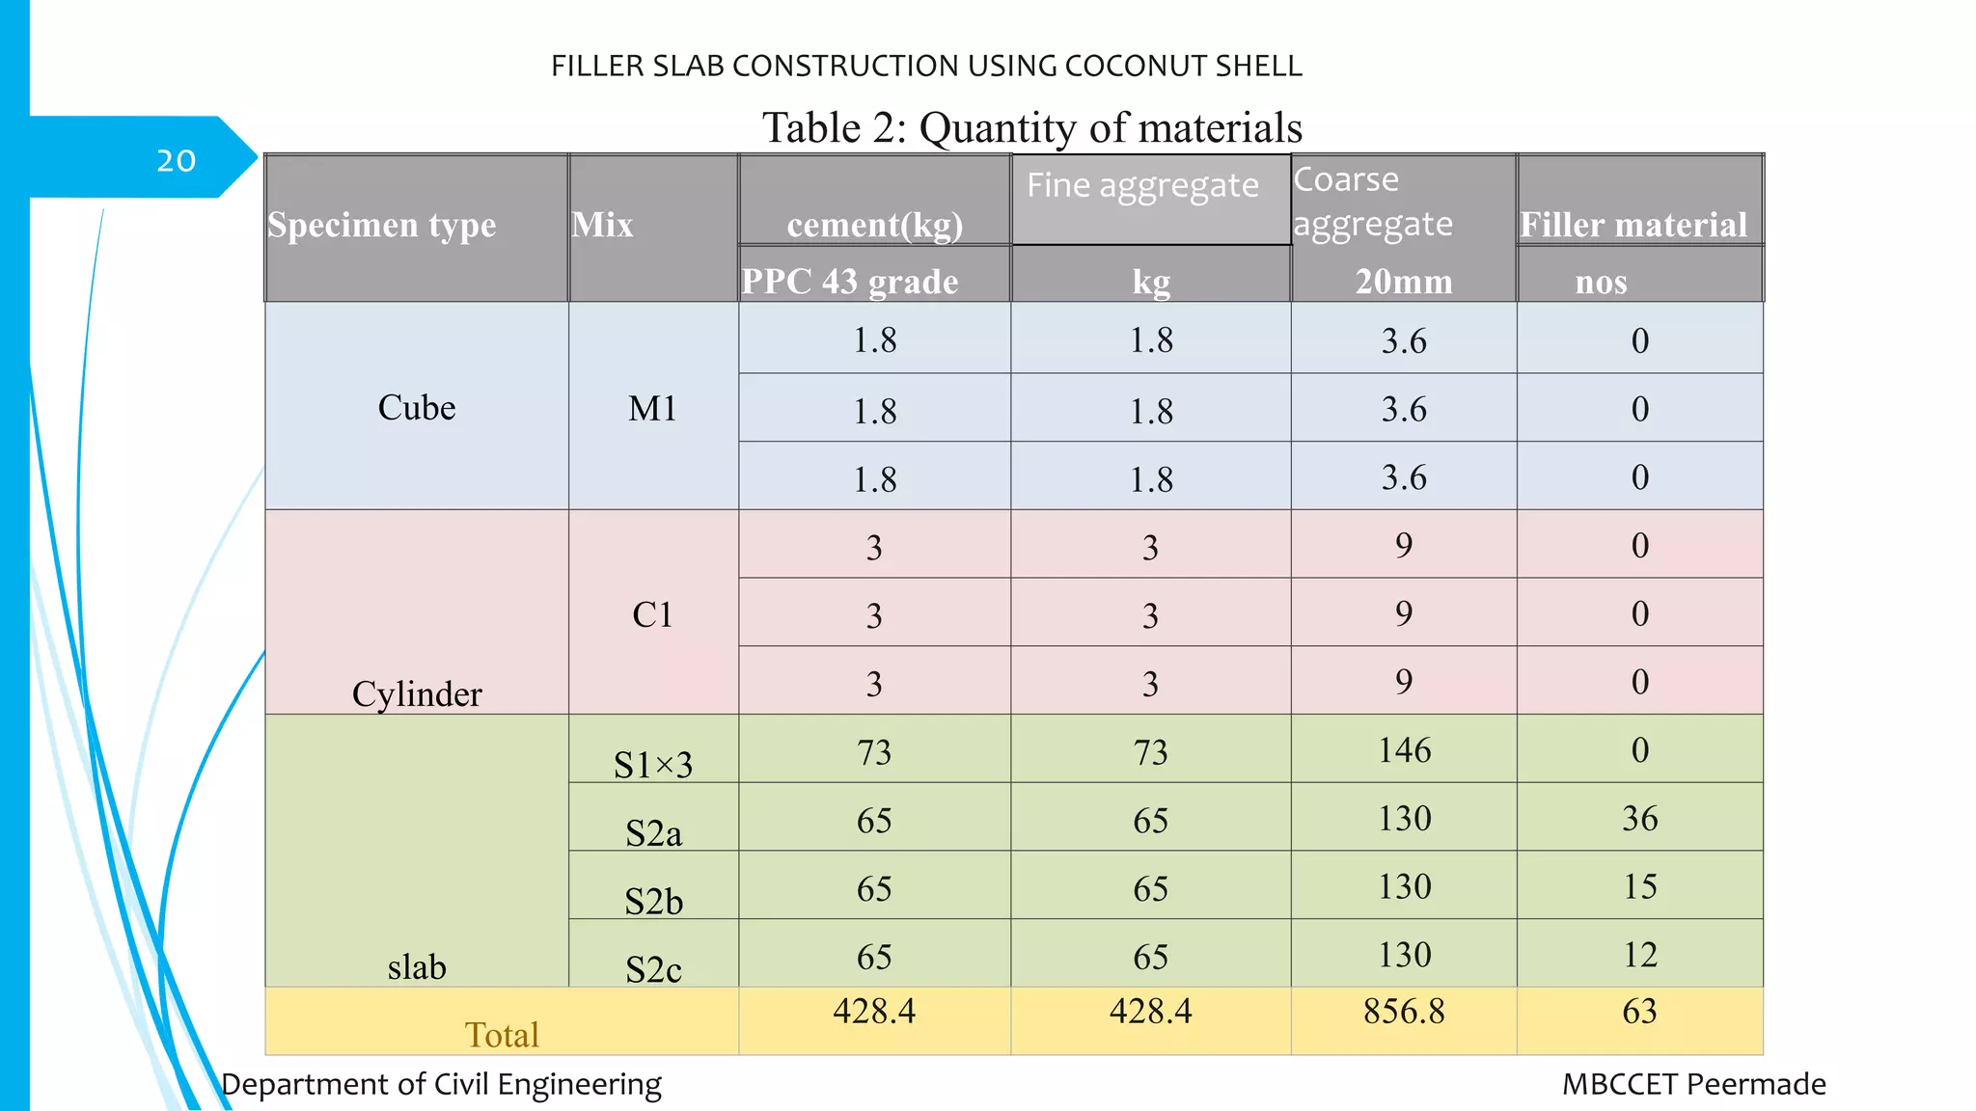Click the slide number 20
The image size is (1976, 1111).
(x=176, y=160)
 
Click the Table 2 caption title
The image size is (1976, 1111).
(x=1031, y=127)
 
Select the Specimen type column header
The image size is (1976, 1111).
(x=382, y=225)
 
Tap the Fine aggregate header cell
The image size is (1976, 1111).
(x=1142, y=185)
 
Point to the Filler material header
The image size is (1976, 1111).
(x=1633, y=225)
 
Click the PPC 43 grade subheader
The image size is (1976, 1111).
(x=850, y=281)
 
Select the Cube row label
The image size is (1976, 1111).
(x=417, y=408)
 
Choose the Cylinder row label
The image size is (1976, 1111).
(x=417, y=693)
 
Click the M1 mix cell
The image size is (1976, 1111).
(x=652, y=409)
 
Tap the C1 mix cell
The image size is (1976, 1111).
(x=652, y=614)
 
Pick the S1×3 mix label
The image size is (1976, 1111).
(x=653, y=765)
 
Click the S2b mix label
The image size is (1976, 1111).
(x=653, y=902)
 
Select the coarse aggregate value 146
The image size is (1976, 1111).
(x=1404, y=750)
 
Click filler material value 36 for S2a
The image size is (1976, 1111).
(x=1639, y=819)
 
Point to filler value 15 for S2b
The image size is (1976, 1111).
(x=1639, y=887)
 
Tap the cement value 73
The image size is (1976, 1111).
(x=874, y=752)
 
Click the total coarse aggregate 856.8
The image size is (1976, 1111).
(x=1404, y=1011)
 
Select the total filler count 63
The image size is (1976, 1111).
(x=1639, y=1011)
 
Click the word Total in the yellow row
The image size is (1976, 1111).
(x=502, y=1035)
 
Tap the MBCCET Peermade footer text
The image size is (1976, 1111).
(x=1693, y=1084)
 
